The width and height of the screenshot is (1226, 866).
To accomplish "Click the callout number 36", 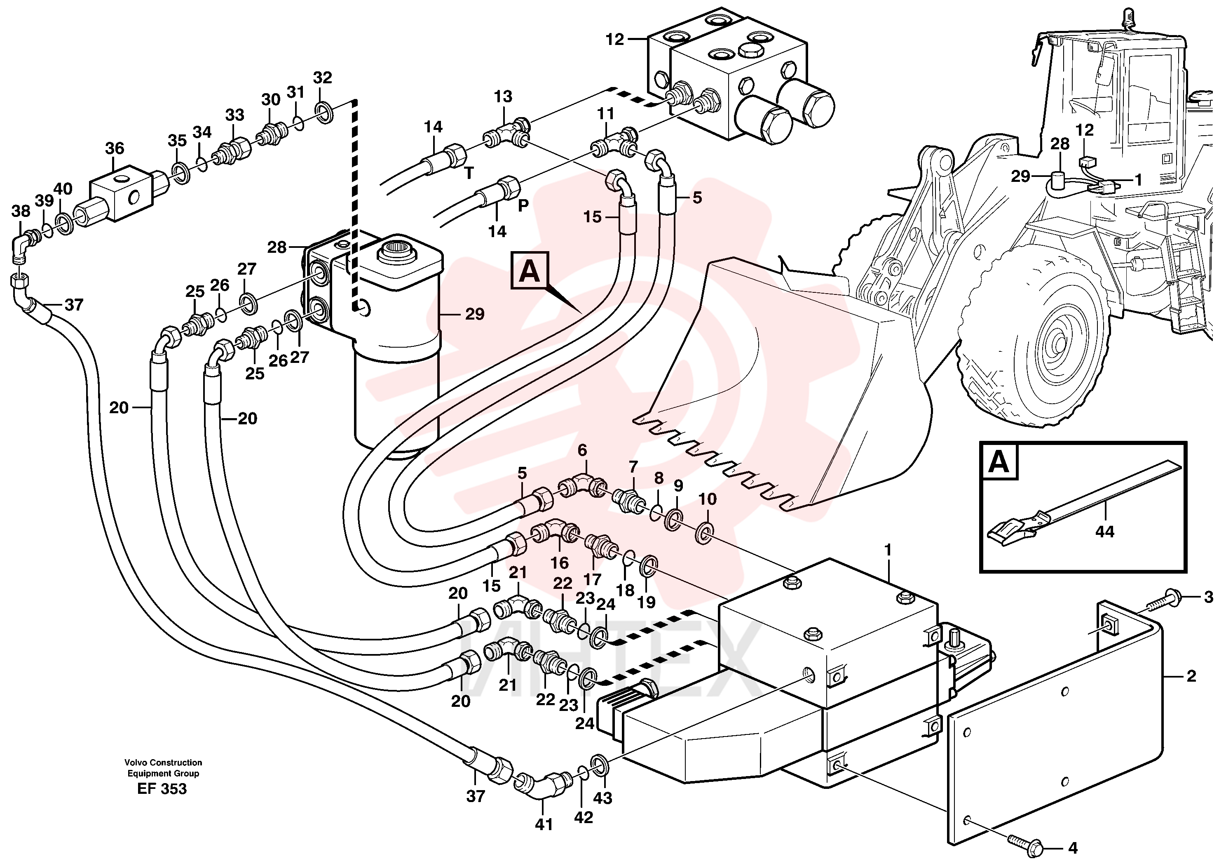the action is (114, 148).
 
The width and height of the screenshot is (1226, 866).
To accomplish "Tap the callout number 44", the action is (1104, 532).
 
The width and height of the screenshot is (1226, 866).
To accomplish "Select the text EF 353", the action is (162, 788).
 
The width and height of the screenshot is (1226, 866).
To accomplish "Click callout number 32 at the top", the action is (323, 78).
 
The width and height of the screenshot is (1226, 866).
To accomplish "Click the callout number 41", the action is (544, 825).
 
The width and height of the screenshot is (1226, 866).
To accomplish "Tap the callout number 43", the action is (602, 798).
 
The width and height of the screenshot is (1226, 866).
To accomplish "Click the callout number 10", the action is (708, 499).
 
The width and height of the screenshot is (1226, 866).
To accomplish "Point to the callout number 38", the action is (21, 211).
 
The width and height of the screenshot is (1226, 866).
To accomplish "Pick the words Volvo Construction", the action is (163, 762).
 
